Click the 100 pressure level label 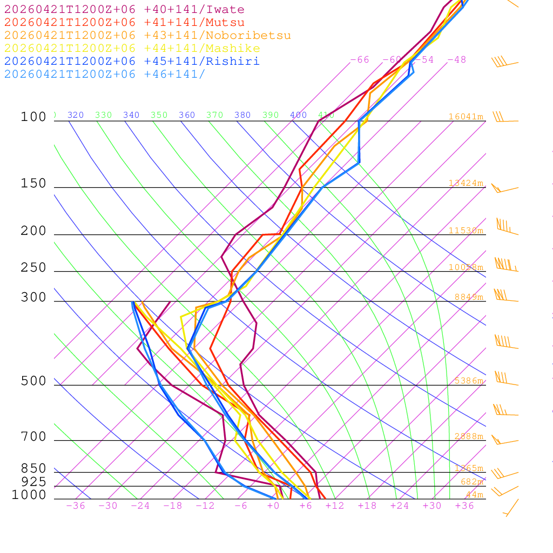[33, 117]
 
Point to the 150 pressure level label [33, 184]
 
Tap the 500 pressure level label [33, 381]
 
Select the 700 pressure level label [33, 437]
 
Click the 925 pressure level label [33, 482]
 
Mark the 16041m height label [466, 117]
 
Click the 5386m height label [469, 381]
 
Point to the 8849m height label [469, 297]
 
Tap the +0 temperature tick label [273, 506]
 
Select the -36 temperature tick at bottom [76, 506]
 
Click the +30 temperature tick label [432, 506]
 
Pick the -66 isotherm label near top [360, 60]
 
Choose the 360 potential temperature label [187, 115]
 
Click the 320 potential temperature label [76, 115]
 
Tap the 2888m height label [469, 436]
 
